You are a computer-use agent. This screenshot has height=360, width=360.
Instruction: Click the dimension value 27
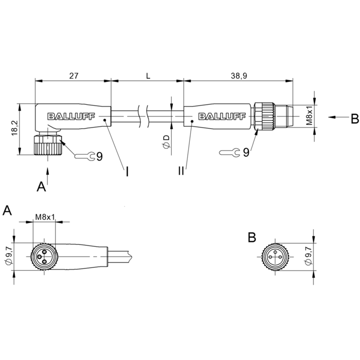tap(74, 76)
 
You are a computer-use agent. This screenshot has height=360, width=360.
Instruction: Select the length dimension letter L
tap(148, 76)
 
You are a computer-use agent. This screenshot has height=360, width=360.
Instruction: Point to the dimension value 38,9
tap(239, 76)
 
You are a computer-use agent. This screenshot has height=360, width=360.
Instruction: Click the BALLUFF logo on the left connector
tap(71, 117)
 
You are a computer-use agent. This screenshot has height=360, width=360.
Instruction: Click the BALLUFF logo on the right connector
tap(222, 117)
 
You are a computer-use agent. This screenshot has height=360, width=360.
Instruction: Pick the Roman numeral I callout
tap(127, 171)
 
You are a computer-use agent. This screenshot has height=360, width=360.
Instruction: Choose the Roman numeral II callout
tap(181, 171)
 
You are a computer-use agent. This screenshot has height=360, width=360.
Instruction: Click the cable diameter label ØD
tap(166, 141)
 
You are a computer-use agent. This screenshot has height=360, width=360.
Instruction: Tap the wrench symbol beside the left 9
tap(85, 156)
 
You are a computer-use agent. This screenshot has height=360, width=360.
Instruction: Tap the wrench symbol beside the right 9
tap(229, 153)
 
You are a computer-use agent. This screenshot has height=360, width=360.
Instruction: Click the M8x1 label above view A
tap(45, 217)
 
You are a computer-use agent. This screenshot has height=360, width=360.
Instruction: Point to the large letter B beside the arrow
tap(355, 119)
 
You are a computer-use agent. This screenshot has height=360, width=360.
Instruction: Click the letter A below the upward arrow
tap(41, 186)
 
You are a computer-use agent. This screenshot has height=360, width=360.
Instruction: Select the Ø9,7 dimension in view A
tap(9, 256)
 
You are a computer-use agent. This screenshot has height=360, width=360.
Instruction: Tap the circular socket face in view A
tap(45, 256)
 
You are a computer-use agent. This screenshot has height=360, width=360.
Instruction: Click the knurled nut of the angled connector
tap(48, 145)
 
